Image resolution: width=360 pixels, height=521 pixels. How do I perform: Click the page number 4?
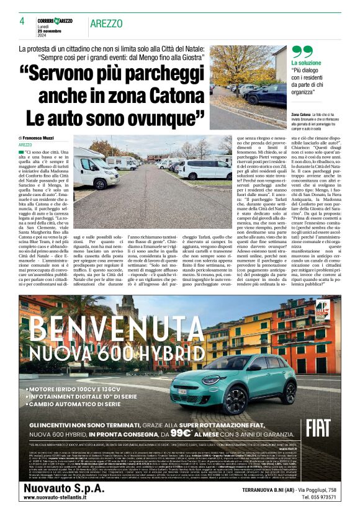(x=22, y=20)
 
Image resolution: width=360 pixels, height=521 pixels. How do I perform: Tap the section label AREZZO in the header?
(x=106, y=23)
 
